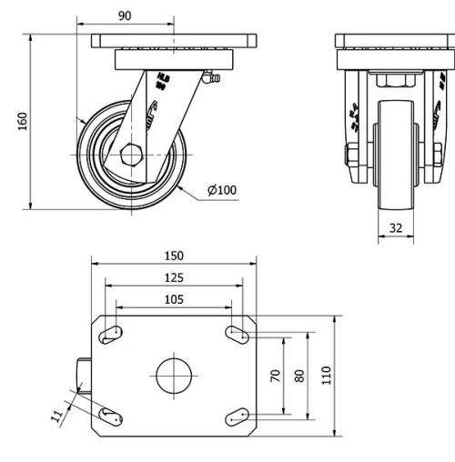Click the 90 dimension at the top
125,15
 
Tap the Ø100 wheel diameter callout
221,190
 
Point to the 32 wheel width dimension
395,228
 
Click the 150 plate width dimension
174,257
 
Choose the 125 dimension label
174,278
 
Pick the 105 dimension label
174,298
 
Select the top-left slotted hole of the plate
113,335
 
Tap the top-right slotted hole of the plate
236,335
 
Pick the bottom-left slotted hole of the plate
113,417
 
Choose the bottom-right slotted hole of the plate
236,417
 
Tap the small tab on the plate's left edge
84,376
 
